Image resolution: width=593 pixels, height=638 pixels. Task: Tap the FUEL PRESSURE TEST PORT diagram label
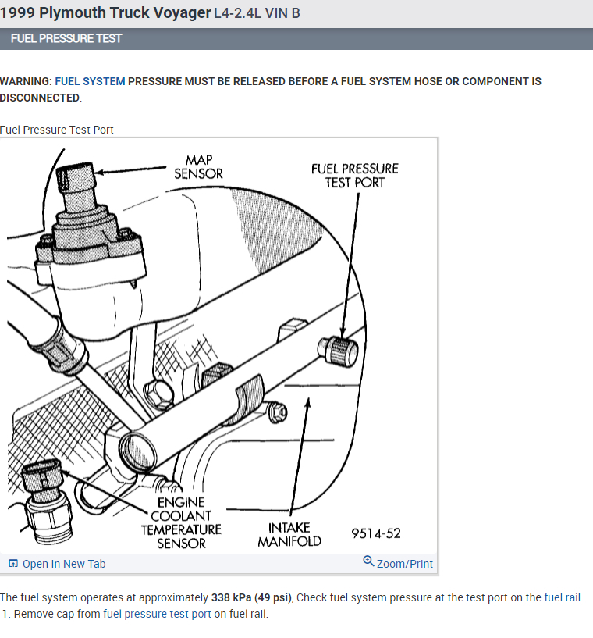[x=354, y=175]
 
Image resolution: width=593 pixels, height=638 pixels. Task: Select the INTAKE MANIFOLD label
[x=289, y=534]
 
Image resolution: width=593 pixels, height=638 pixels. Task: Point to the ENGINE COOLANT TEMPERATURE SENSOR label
[x=181, y=522]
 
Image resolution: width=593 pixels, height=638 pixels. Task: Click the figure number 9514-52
[x=376, y=533]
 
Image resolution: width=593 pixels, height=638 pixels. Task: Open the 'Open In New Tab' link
[x=63, y=564]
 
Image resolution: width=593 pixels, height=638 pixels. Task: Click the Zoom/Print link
[x=404, y=564]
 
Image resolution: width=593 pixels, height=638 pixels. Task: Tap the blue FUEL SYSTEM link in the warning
[x=90, y=81]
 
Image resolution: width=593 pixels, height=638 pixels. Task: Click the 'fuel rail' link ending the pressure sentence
[x=563, y=597]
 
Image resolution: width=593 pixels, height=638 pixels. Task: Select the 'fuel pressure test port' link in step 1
[x=157, y=614]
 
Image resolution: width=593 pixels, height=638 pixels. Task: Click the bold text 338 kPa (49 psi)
[x=252, y=597]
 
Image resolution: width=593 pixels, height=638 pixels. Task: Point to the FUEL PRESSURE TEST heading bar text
[x=66, y=38]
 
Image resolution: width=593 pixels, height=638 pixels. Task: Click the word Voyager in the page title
[x=182, y=13]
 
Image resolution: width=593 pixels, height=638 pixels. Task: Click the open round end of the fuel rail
[x=137, y=451]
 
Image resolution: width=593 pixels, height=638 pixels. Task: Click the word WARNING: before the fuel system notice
[x=26, y=81]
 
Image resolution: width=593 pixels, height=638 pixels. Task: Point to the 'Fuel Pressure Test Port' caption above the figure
[x=57, y=130]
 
